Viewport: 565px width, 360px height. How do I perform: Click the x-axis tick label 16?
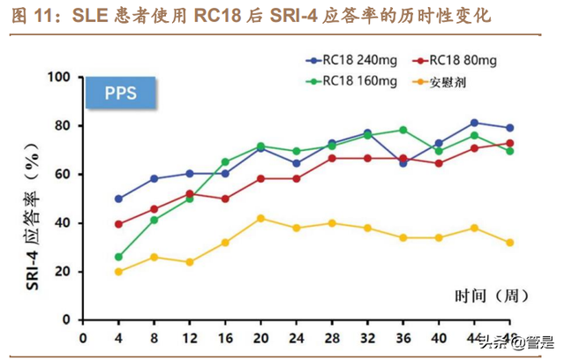(x=225, y=337)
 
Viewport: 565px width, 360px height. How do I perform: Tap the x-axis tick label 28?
(x=332, y=337)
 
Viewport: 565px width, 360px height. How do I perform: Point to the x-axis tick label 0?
(x=83, y=337)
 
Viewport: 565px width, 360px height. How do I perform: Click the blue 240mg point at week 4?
(x=118, y=199)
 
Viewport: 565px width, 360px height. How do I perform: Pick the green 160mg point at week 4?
(x=118, y=257)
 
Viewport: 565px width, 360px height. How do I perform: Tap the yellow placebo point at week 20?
(x=260, y=218)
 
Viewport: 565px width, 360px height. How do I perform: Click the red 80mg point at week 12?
(x=189, y=194)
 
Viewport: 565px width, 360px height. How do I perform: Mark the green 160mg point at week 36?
(x=403, y=130)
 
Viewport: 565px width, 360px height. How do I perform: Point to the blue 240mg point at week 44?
(x=475, y=123)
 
